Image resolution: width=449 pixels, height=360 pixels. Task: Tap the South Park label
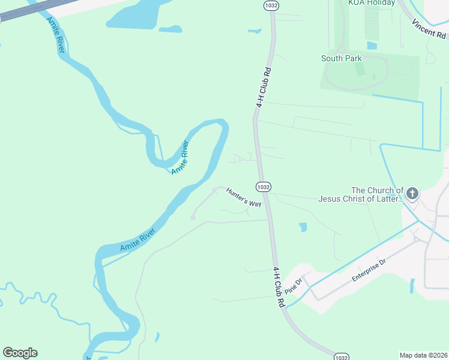pos(342,58)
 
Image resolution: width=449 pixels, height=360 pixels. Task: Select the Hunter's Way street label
pos(244,197)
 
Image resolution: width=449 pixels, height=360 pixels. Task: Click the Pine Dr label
pos(293,287)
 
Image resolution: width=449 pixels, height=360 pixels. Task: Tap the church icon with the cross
pos(412,193)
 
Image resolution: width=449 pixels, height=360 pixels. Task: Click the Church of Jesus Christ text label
pos(361,194)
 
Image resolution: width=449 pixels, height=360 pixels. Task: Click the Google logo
pos(20,352)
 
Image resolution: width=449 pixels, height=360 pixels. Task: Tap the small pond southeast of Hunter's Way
pos(303,227)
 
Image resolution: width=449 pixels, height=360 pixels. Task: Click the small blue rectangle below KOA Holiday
pos(372,45)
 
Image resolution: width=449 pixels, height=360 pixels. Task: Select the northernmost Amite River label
pos(180,157)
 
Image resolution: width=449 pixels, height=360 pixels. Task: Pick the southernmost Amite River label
pos(137,239)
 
